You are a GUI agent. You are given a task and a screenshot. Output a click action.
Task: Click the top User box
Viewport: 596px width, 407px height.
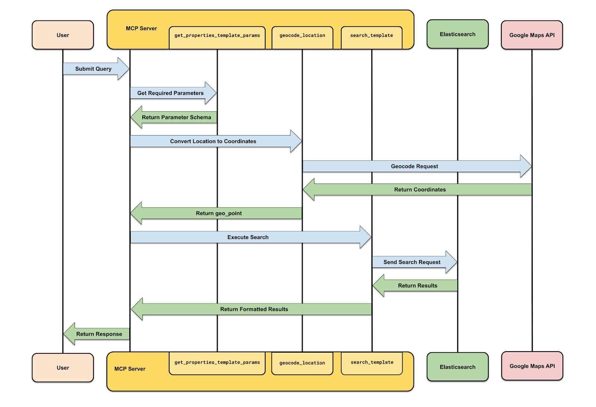tap(63, 35)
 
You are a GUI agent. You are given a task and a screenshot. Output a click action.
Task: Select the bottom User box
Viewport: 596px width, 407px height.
tap(63, 368)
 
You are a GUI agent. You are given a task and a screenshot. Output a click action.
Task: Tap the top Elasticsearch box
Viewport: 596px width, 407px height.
tap(457, 34)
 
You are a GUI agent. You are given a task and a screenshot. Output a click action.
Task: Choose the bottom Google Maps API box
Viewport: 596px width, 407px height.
tap(532, 366)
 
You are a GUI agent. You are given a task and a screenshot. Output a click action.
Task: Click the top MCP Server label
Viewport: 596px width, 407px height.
tap(141, 28)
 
